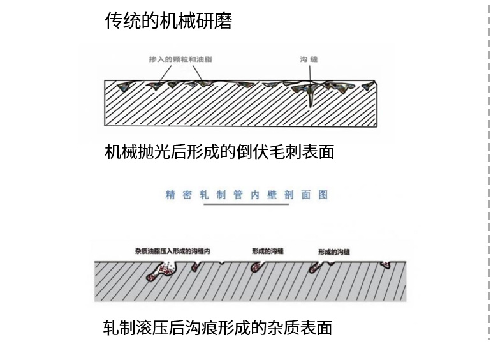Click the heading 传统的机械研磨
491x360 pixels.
168,21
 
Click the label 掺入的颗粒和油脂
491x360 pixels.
180,59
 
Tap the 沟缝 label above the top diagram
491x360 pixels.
309,59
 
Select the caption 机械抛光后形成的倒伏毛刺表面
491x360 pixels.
219,152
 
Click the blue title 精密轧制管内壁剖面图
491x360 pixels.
246,195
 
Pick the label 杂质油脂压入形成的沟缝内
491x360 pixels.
173,251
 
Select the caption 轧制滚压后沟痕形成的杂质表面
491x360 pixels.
217,328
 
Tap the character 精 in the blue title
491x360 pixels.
170,195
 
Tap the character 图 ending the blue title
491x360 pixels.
323,195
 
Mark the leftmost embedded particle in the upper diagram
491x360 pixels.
122,86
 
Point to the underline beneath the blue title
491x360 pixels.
246,204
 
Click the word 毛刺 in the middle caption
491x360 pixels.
280,152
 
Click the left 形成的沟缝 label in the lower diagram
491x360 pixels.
268,251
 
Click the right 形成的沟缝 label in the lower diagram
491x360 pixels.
334,252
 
